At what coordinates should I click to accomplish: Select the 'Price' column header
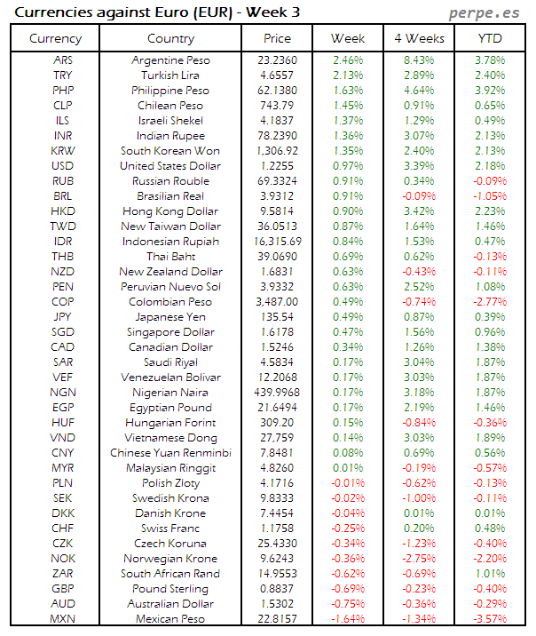[x=277, y=38]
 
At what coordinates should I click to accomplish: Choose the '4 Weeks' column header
[x=418, y=38]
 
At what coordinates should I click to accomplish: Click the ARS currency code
[x=63, y=60]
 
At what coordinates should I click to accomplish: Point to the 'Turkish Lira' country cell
[x=170, y=76]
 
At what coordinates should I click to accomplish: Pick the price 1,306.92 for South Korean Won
[x=277, y=151]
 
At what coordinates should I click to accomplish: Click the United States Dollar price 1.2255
[x=277, y=166]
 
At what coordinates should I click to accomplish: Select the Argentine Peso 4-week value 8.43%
[x=418, y=60]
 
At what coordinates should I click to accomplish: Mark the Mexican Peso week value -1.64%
[x=348, y=619]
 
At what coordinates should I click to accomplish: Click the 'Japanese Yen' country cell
[x=170, y=317]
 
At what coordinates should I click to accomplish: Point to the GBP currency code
[x=63, y=589]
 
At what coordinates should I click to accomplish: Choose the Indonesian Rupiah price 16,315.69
[x=277, y=242]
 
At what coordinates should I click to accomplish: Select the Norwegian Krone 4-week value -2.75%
[x=418, y=559]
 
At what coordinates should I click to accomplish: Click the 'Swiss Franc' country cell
[x=170, y=529]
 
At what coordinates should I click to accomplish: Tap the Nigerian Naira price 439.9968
[x=277, y=393]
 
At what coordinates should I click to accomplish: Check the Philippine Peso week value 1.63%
[x=348, y=91]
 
